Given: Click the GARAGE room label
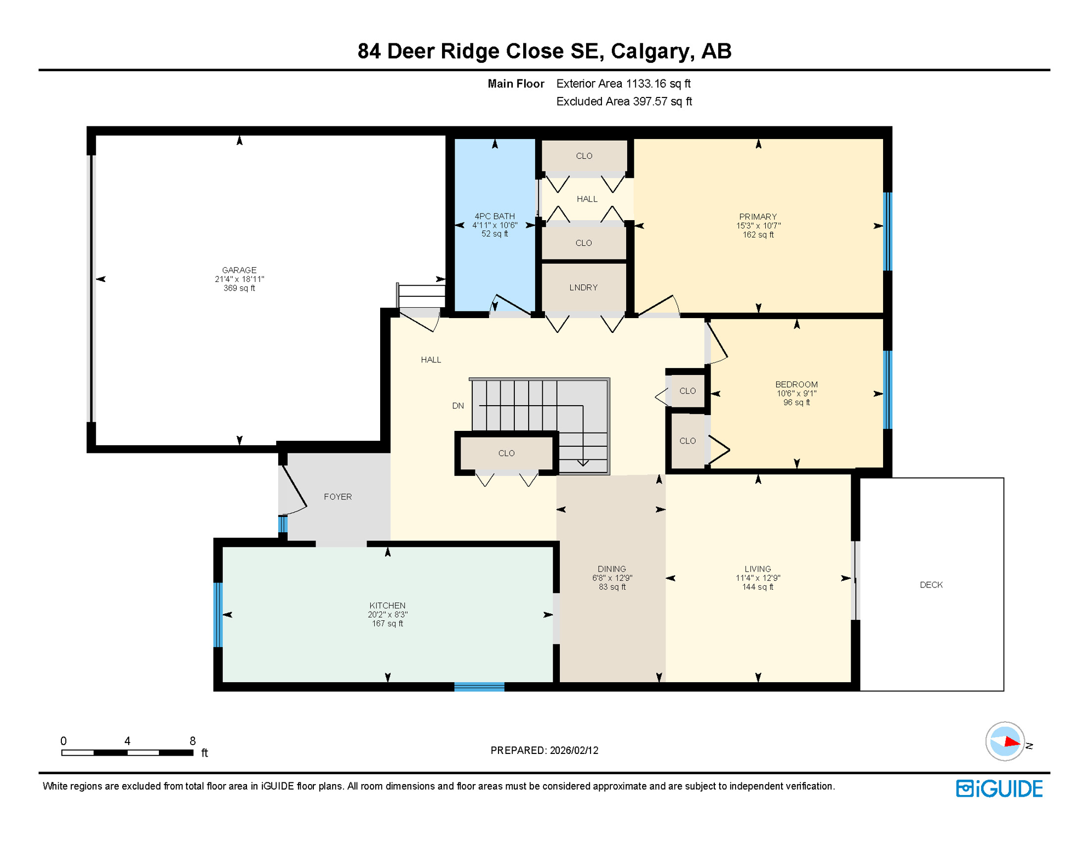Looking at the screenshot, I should pyautogui.click(x=239, y=270).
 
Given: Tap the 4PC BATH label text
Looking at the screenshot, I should pyautogui.click(x=494, y=216).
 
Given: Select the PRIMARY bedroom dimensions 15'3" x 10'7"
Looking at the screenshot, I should pyautogui.click(x=758, y=226).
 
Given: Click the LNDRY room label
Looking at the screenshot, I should pyautogui.click(x=583, y=287).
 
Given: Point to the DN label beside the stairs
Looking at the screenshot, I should pyautogui.click(x=458, y=406).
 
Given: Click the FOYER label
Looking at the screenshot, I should pyautogui.click(x=337, y=497).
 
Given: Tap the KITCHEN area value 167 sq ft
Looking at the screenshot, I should pyautogui.click(x=387, y=624).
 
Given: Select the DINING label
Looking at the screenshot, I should pyautogui.click(x=611, y=569).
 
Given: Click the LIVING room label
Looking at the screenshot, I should pyautogui.click(x=757, y=569).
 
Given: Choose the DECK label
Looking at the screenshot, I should pyautogui.click(x=931, y=585).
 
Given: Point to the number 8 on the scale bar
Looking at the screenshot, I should pyautogui.click(x=192, y=741).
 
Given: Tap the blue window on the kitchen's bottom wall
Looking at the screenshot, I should pyautogui.click(x=479, y=687).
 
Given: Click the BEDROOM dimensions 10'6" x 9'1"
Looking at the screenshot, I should pyautogui.click(x=796, y=393).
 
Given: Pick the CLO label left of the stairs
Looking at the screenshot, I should pyautogui.click(x=506, y=453).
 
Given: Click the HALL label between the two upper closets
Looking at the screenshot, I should pyautogui.click(x=587, y=199).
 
